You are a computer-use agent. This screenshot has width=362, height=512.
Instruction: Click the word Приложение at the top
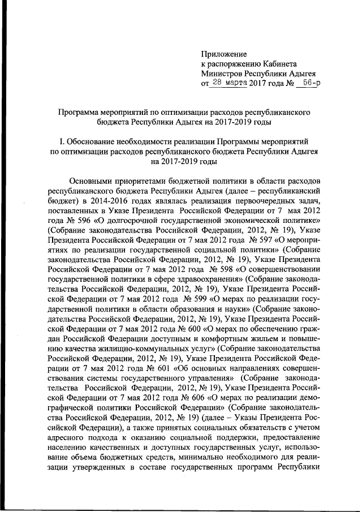tap(224, 54)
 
